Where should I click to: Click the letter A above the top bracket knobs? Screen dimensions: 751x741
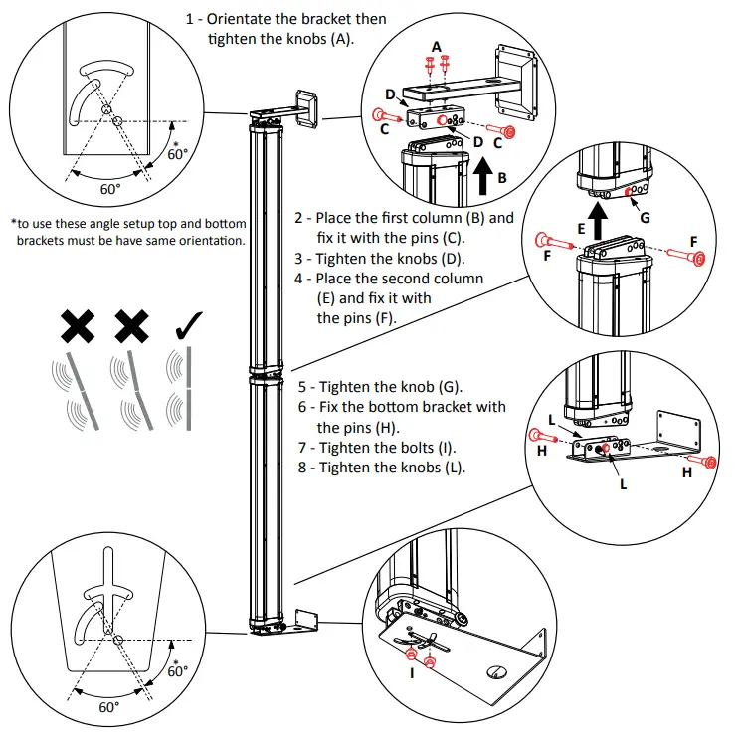pyautogui.click(x=437, y=47)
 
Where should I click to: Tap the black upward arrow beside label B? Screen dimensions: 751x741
pyautogui.click(x=485, y=176)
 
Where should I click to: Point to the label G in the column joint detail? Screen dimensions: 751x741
pyautogui.click(x=647, y=217)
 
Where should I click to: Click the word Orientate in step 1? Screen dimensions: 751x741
pyautogui.click(x=240, y=19)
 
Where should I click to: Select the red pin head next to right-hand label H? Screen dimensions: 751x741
pyautogui.click(x=710, y=462)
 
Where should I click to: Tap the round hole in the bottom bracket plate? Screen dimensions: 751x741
pyautogui.click(x=494, y=673)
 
